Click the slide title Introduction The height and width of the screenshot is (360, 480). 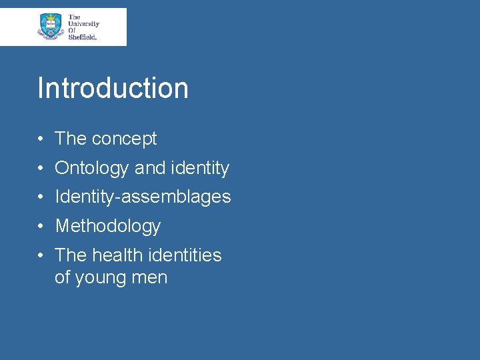coord(113,88)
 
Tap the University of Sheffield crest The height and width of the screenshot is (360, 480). coord(50,26)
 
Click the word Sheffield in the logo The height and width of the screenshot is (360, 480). coord(83,37)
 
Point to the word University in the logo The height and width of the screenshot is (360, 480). coord(83,23)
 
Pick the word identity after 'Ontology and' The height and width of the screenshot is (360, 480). coord(200,168)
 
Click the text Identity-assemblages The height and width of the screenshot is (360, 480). coord(143,197)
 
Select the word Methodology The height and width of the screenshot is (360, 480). coord(108,226)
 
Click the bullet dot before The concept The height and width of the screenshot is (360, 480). coord(41,139)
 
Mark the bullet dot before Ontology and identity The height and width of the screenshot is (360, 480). coord(41,168)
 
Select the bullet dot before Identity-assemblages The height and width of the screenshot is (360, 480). coord(41,197)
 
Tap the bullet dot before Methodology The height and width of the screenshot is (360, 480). coord(41,226)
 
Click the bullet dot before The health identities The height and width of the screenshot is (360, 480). coord(41,255)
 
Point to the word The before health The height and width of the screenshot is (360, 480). coord(71,255)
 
